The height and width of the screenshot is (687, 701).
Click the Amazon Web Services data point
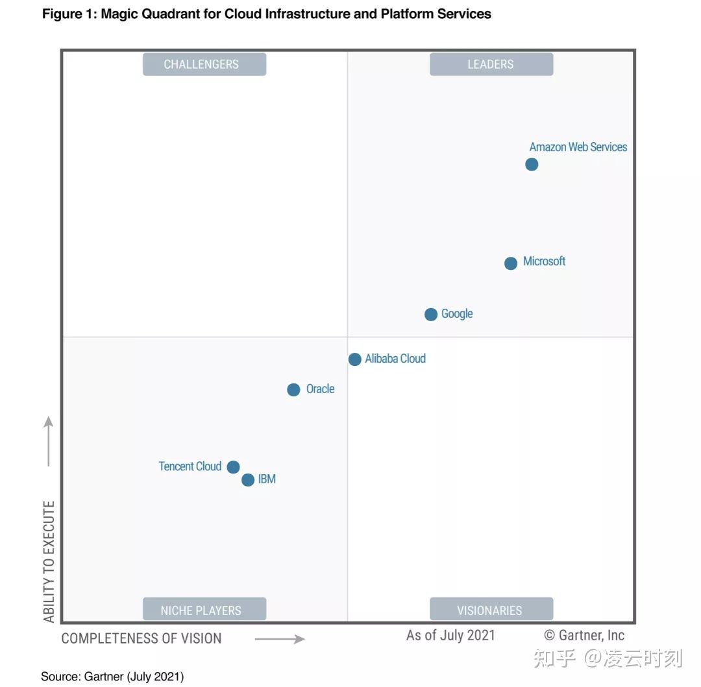pyautogui.click(x=532, y=165)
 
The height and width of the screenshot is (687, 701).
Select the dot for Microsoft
pyautogui.click(x=511, y=263)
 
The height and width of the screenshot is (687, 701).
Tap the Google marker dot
pyautogui.click(x=431, y=315)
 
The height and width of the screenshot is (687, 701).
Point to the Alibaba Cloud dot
pyautogui.click(x=355, y=359)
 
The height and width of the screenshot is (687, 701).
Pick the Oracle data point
pyautogui.click(x=293, y=390)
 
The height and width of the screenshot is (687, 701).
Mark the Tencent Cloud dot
pyautogui.click(x=234, y=467)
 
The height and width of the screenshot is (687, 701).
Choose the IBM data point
pyautogui.click(x=248, y=480)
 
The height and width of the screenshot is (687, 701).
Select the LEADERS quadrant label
pyautogui.click(x=491, y=64)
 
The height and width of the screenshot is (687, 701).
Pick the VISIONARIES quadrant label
pyautogui.click(x=491, y=610)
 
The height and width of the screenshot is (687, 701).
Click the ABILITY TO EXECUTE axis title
pyautogui.click(x=49, y=561)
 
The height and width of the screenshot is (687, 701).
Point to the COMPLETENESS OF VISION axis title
pyautogui.click(x=141, y=638)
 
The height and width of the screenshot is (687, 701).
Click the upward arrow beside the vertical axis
pyautogui.click(x=49, y=441)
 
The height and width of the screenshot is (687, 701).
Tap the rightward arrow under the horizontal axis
pyautogui.click(x=280, y=639)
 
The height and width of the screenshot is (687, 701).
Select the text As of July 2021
pyautogui.click(x=450, y=635)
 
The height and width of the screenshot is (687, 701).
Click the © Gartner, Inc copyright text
pyautogui.click(x=584, y=635)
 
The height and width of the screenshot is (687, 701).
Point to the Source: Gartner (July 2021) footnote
pyautogui.click(x=112, y=677)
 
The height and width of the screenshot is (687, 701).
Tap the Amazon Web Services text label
pyautogui.click(x=578, y=147)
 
